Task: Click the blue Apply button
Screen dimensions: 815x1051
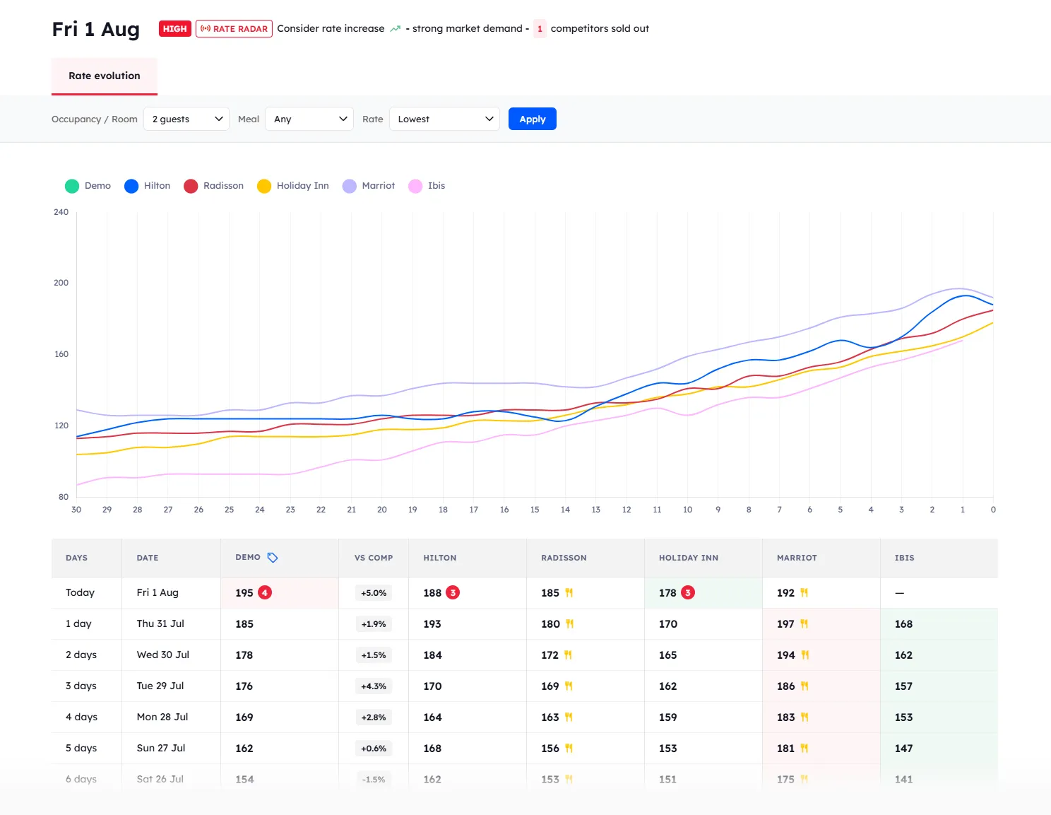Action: pos(532,119)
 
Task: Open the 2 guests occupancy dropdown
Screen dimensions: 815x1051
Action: pos(186,119)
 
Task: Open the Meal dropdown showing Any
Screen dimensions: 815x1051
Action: pos(309,119)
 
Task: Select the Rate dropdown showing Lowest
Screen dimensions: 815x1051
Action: pos(444,119)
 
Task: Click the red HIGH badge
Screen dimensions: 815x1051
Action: pos(174,29)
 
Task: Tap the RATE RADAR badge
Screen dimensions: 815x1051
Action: pos(234,29)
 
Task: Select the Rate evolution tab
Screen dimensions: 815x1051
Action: pos(105,76)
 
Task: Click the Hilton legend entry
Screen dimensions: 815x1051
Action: pos(148,186)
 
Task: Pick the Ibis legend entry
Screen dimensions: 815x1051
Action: pos(427,186)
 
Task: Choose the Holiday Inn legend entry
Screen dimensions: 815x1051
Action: pos(293,186)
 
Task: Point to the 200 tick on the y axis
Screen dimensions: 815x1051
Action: pos(61,283)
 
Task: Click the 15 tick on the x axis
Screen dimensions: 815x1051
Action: pos(535,510)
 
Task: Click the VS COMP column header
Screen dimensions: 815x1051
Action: pos(374,558)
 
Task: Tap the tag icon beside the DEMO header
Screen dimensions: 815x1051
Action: pos(273,558)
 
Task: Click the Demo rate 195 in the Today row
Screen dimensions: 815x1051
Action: pos(244,593)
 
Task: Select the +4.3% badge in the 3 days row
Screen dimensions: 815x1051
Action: pos(374,686)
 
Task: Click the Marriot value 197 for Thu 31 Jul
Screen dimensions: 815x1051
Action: pos(785,624)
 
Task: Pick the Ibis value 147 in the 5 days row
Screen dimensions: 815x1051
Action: pos(903,749)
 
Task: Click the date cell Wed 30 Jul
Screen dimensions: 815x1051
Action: pos(163,655)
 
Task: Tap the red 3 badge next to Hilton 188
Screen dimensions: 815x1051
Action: pos(453,593)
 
